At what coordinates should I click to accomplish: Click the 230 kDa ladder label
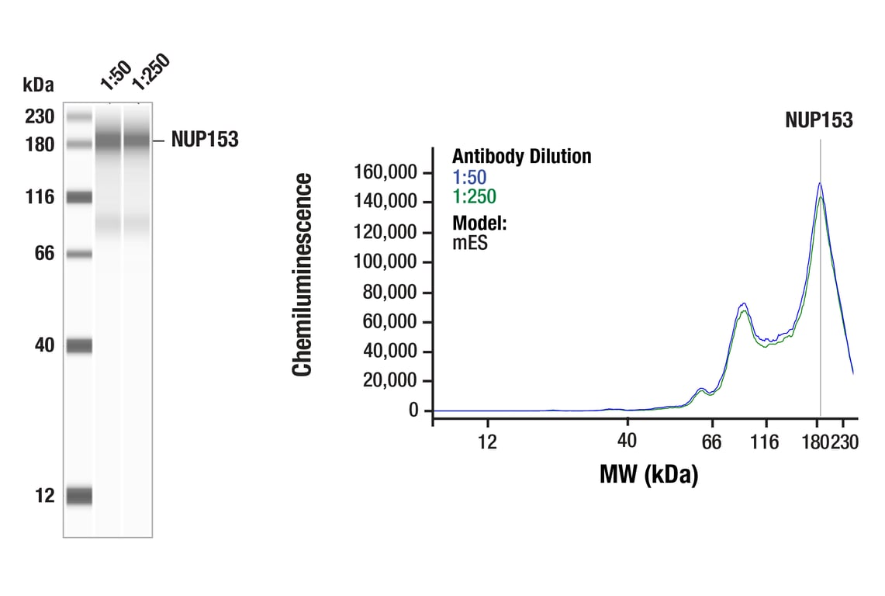click(39, 117)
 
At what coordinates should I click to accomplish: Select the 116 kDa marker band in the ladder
click(79, 197)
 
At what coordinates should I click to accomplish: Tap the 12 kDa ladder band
click(79, 495)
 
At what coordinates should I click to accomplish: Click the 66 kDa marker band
click(79, 254)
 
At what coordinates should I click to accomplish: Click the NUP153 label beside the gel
click(205, 140)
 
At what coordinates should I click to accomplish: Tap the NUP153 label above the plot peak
click(818, 120)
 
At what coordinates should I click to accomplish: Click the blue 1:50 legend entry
click(469, 177)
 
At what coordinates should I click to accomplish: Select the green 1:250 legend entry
click(474, 197)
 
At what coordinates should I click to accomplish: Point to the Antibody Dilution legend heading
click(521, 157)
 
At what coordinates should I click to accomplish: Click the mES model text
click(470, 243)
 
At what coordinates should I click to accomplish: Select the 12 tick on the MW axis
click(487, 442)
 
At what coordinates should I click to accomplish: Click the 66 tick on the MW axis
click(711, 442)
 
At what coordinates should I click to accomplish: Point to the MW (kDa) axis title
click(648, 473)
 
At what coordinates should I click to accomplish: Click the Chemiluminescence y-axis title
click(302, 275)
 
